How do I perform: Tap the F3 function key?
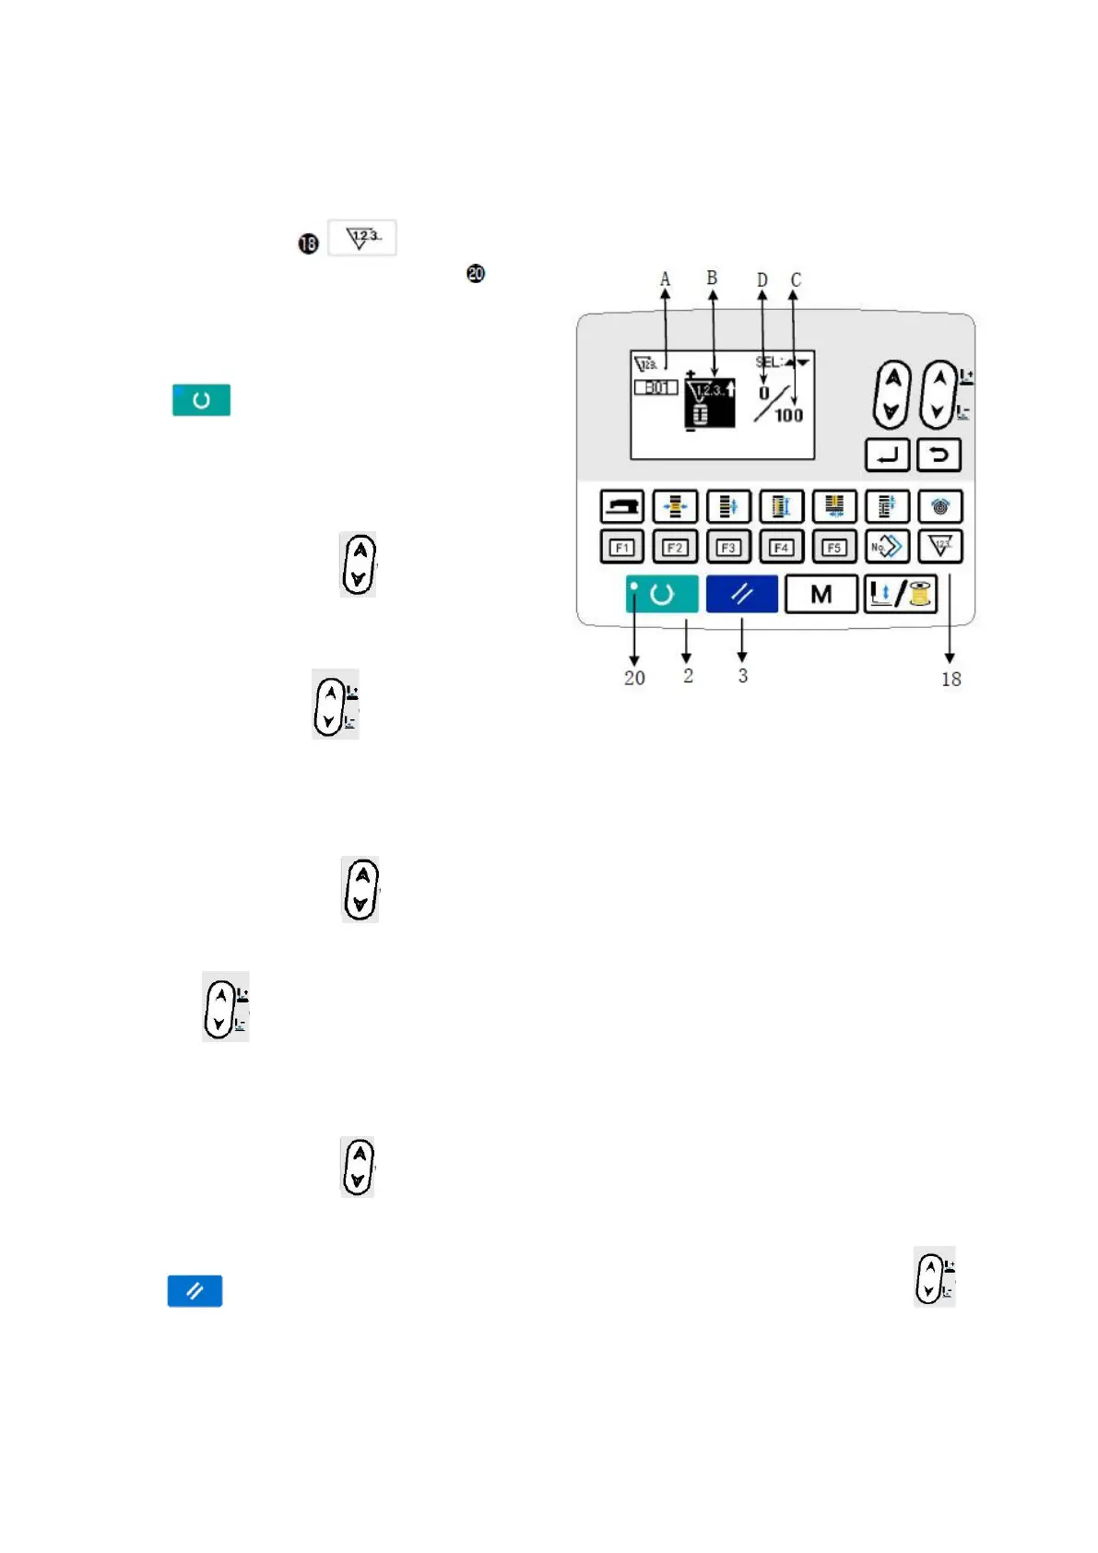click(x=728, y=547)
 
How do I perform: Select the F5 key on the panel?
click(x=834, y=547)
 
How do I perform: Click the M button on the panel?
click(x=821, y=595)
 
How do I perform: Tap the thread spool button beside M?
click(x=901, y=595)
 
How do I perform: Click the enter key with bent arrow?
click(x=887, y=455)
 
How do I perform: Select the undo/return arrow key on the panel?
click(x=939, y=455)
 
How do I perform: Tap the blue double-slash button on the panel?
click(x=742, y=595)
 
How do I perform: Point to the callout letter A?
click(x=665, y=279)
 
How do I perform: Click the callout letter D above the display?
click(x=762, y=279)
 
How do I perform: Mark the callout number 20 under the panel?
click(x=634, y=678)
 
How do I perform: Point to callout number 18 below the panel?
click(x=950, y=679)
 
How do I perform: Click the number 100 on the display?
click(x=788, y=416)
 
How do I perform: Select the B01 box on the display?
click(x=655, y=387)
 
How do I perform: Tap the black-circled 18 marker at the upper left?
click(x=308, y=243)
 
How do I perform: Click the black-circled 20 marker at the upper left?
click(x=476, y=274)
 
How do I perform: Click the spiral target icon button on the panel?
click(x=939, y=506)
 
